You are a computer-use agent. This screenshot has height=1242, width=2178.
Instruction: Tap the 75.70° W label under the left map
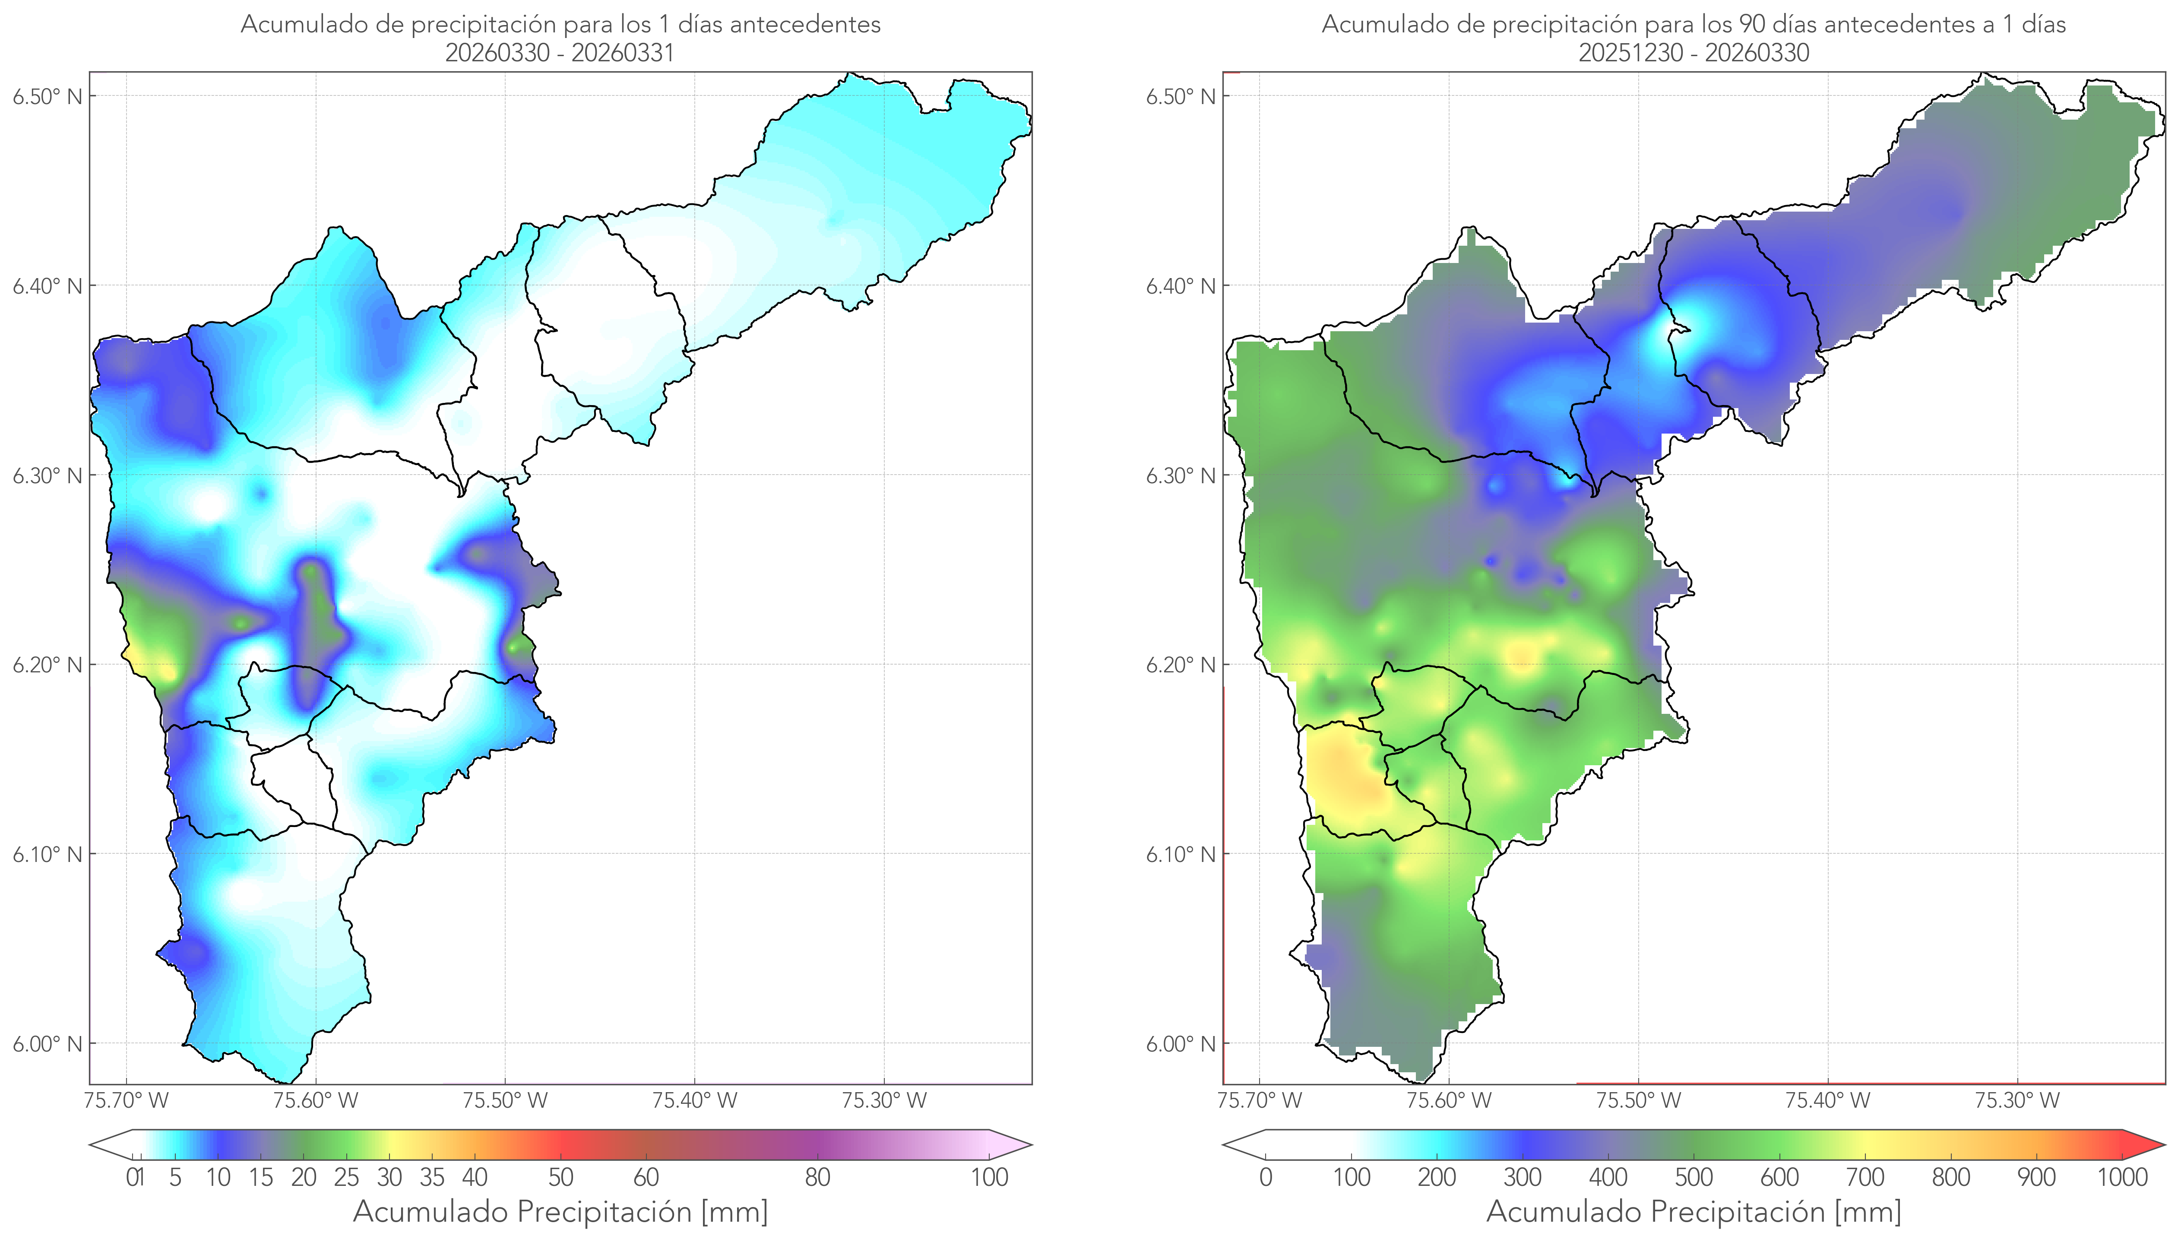(127, 1100)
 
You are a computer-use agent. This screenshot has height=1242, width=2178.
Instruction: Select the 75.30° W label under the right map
(2018, 1100)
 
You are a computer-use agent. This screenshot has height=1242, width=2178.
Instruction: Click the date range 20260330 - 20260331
(560, 53)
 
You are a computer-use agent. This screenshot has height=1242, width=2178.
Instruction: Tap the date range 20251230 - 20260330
(1694, 53)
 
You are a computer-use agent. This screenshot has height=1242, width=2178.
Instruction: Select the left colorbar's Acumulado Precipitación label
(523, 1212)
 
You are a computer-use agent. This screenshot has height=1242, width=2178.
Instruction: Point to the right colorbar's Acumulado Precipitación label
(1656, 1212)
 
